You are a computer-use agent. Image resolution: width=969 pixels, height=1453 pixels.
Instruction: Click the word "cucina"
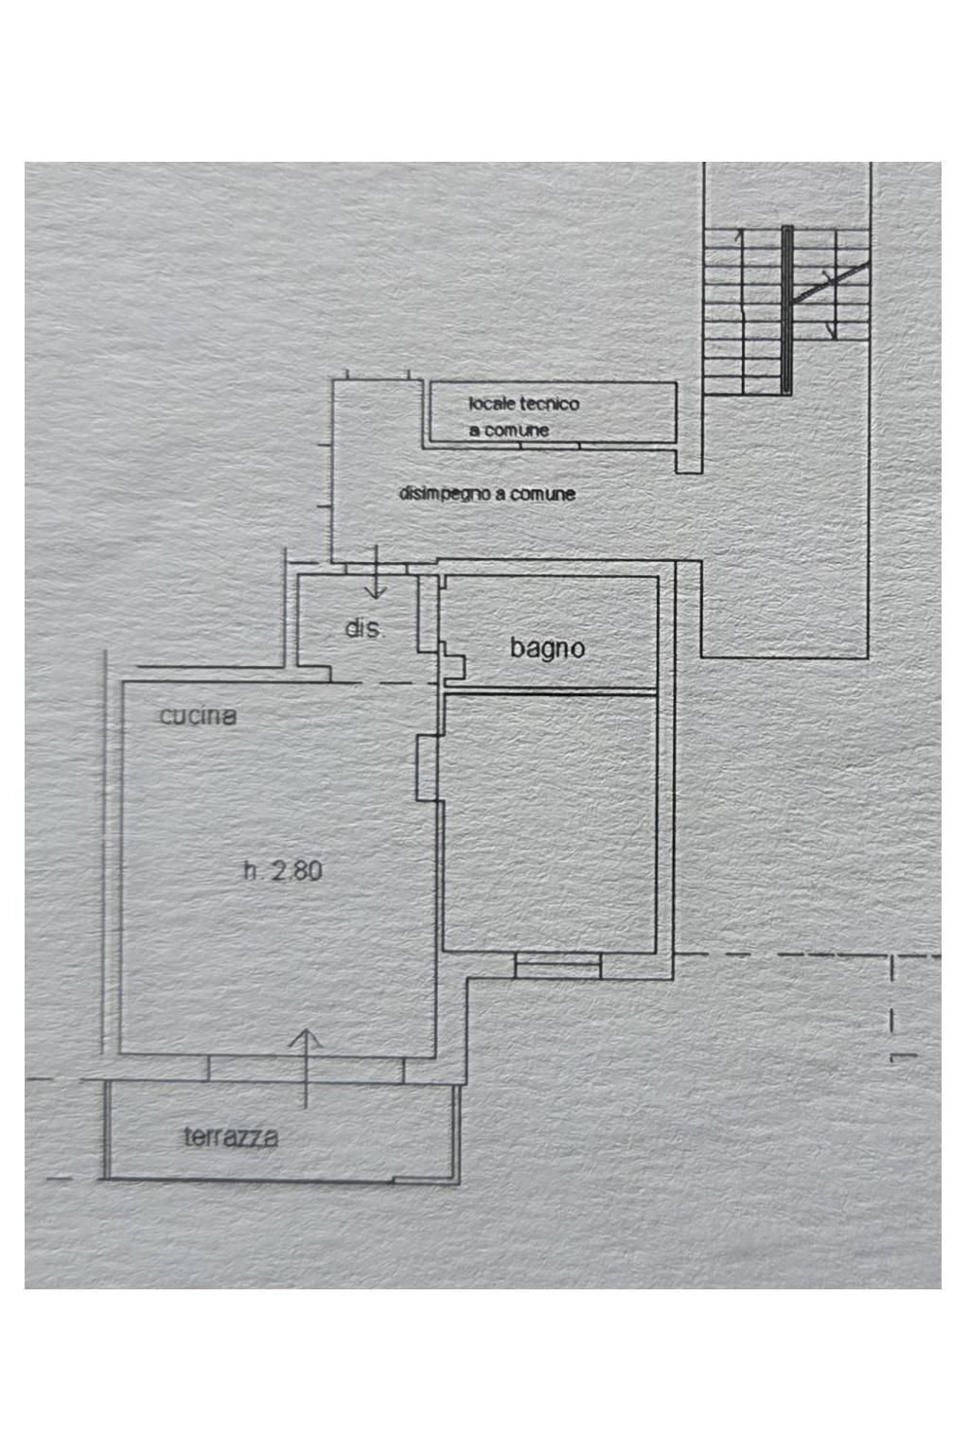pos(198,716)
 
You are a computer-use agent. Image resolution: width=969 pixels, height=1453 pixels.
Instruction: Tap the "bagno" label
pos(547,648)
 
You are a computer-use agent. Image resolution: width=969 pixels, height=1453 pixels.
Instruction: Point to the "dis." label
pos(364,629)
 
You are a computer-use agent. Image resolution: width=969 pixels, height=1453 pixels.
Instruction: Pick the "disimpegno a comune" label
pos(487,494)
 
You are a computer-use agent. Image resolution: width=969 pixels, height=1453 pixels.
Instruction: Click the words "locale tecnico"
pos(523,404)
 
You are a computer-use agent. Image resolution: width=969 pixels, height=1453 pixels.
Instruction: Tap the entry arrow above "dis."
pos(376,577)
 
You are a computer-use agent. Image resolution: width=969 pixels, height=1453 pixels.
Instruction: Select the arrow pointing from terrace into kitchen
pos(306,1064)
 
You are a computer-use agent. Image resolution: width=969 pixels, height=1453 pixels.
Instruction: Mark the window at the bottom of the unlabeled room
pos(557,965)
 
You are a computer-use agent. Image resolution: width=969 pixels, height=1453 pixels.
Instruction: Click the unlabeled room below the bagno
pos(550,823)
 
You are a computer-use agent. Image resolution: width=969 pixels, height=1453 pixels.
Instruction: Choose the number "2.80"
pos(297,870)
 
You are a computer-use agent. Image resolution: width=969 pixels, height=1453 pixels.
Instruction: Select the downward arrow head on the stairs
pos(832,330)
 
